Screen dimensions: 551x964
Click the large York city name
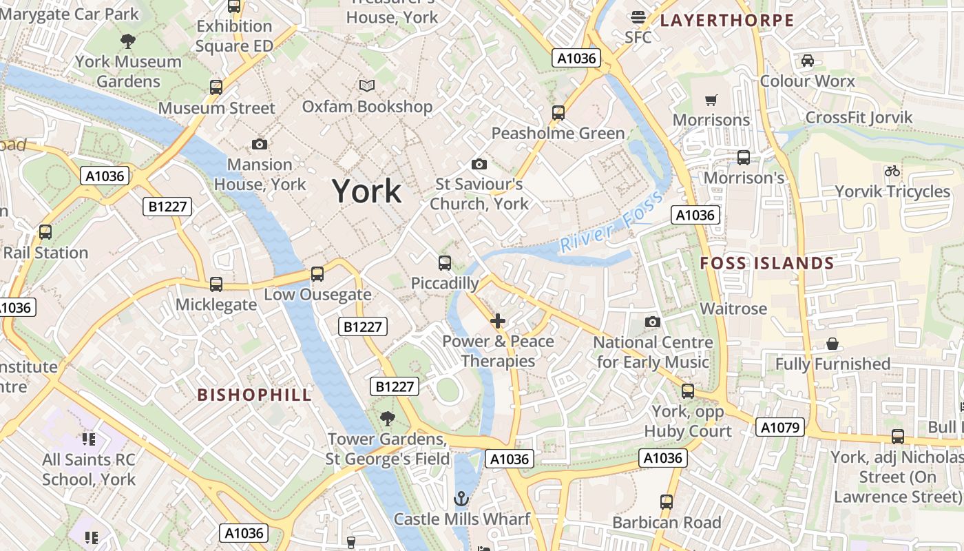[x=367, y=191]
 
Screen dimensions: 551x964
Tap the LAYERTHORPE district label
[x=727, y=21]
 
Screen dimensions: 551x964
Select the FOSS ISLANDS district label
[x=767, y=263]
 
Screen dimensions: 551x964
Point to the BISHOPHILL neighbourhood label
[x=255, y=395]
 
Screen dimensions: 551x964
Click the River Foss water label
[x=611, y=222]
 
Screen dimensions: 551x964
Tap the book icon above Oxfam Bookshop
[x=368, y=86]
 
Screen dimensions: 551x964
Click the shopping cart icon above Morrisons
[x=711, y=100]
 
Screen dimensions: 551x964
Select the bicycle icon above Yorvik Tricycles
[x=892, y=171]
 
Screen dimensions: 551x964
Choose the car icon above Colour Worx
[x=808, y=61]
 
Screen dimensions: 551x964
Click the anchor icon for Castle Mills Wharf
[x=461, y=498]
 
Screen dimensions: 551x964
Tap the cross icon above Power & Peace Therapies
[x=498, y=321]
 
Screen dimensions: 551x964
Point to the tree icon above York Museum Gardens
[x=128, y=41]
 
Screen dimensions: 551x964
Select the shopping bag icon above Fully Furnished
[x=832, y=344]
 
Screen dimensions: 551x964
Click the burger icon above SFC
[x=638, y=17]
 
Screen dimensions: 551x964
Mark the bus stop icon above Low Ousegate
[x=317, y=274]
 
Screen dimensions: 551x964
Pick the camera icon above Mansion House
[x=260, y=144]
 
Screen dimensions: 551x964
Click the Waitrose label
[x=733, y=309]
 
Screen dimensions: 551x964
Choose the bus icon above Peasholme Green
[x=558, y=112]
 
